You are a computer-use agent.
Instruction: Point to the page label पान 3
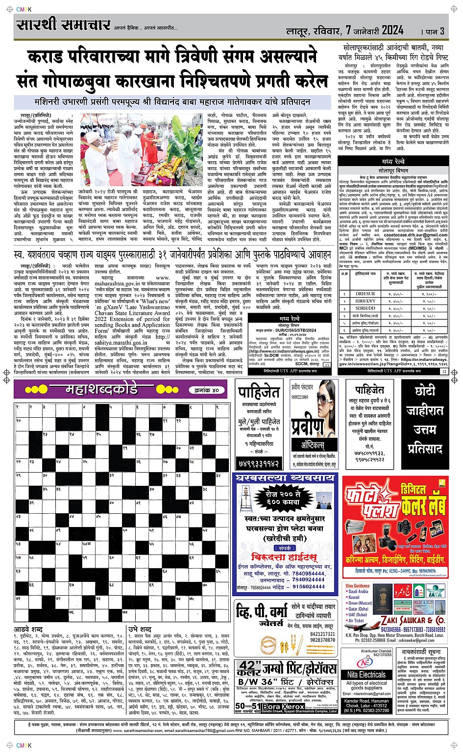point(434,31)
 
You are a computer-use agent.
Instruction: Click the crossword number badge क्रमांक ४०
point(205,390)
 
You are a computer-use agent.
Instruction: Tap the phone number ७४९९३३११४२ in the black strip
point(259,463)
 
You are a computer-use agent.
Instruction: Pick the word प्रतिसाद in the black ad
point(425,449)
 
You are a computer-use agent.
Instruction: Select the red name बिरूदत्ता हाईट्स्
point(284,557)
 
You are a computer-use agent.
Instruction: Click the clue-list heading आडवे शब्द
point(28,629)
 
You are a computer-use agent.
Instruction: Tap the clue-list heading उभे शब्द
point(140,629)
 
